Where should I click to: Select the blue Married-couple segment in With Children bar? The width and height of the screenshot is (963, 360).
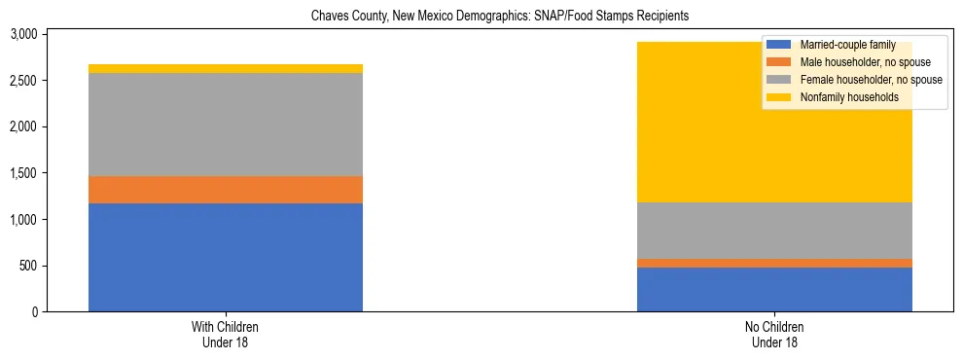click(x=226, y=257)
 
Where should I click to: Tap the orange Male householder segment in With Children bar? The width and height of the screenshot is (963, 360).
click(x=226, y=190)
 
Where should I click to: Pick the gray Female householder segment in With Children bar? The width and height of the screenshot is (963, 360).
click(x=226, y=125)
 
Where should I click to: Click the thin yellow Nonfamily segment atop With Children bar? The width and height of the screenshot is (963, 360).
click(x=226, y=69)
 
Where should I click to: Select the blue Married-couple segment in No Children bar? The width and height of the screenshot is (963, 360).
click(x=774, y=289)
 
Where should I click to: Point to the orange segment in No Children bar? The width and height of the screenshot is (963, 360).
click(x=774, y=263)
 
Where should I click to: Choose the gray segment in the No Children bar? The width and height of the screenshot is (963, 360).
click(x=774, y=231)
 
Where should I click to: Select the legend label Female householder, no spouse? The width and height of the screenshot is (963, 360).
click(x=869, y=80)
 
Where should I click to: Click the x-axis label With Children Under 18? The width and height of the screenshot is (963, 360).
click(x=226, y=334)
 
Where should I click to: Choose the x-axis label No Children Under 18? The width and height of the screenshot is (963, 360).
click(x=774, y=334)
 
